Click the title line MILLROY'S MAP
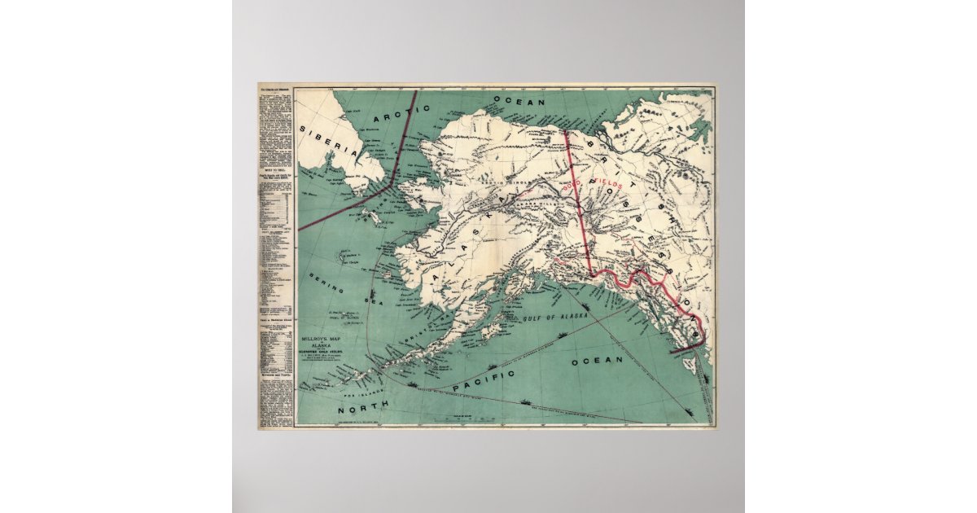coord(319,334)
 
